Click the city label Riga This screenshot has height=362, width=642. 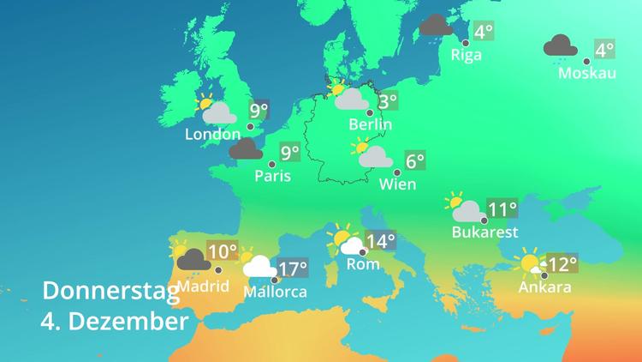coord(466,56)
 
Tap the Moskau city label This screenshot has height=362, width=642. coord(586,74)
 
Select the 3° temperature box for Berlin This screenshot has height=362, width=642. coord(388,101)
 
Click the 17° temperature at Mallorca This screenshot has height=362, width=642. coord(293,269)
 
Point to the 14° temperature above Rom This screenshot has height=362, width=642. coord(381,242)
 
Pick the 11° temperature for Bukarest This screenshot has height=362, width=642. coord(502,208)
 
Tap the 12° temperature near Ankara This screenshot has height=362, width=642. coord(563,264)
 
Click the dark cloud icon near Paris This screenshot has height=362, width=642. coord(246,150)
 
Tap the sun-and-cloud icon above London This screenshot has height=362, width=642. coord(217,111)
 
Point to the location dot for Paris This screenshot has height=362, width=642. coord(272,164)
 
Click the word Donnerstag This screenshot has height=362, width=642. coord(110,291)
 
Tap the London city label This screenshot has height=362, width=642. coord(212,135)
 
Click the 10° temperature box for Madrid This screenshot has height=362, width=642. coord(223,252)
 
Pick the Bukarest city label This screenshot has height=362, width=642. coord(485,232)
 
